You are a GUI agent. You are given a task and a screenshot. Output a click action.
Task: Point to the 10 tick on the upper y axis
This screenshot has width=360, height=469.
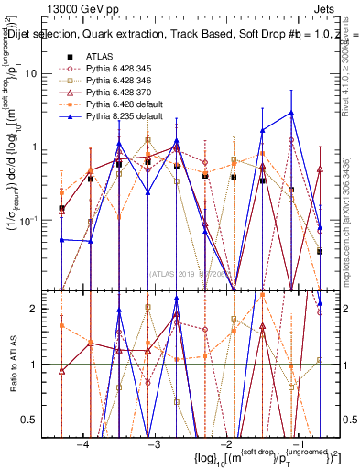(x=39, y=73)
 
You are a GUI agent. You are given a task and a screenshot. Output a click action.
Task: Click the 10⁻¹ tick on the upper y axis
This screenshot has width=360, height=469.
(x=37, y=220)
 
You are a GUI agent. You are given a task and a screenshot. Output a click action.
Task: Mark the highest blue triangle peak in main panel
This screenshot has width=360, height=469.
(x=291, y=112)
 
